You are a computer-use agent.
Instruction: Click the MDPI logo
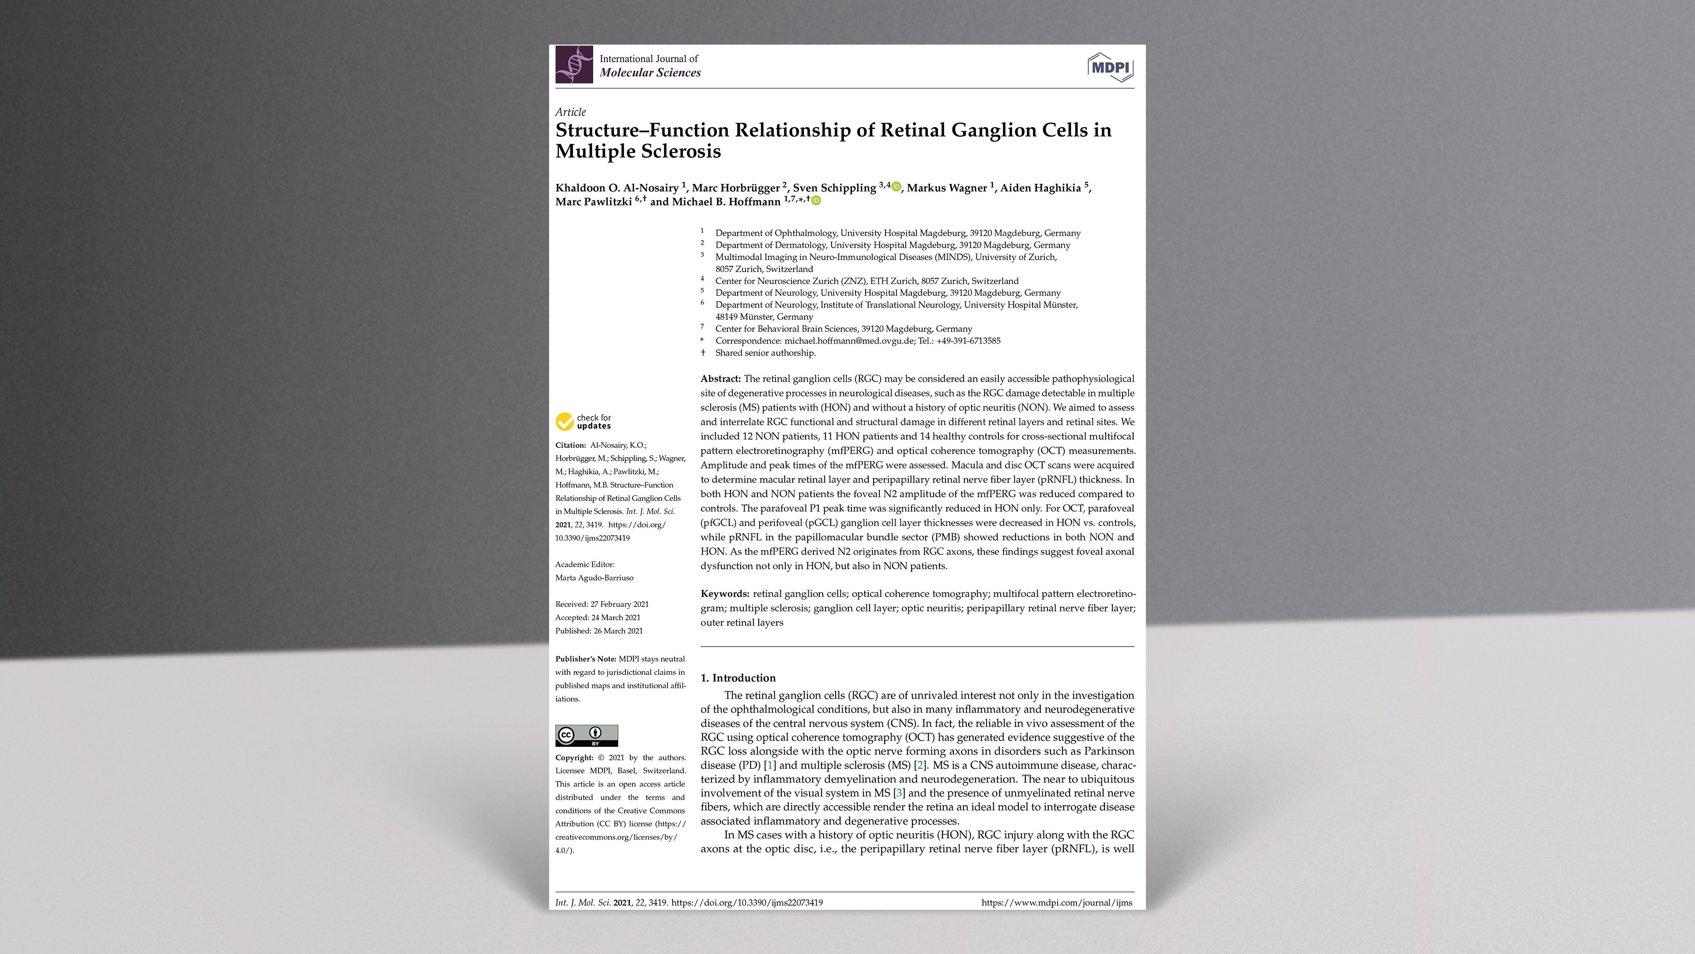(1110, 67)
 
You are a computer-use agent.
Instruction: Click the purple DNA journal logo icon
(574, 64)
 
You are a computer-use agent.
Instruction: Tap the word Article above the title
(570, 112)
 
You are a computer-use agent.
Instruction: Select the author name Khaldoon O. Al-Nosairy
(617, 188)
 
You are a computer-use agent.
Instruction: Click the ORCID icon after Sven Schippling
(896, 187)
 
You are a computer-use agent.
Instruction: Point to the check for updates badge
(584, 421)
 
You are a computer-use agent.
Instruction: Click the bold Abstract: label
(720, 379)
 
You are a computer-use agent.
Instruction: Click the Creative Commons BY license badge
(586, 735)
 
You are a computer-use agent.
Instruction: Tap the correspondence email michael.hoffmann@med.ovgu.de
(849, 341)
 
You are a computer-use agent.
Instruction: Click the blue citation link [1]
(770, 765)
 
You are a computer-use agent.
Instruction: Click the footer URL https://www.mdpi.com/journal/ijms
(1056, 903)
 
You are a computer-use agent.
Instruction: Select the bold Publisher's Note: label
(585, 659)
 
